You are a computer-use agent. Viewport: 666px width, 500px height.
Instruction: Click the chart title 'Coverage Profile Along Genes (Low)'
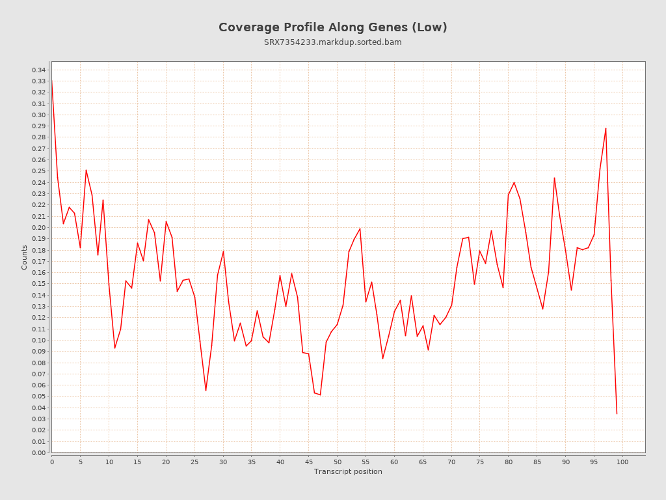click(x=332, y=27)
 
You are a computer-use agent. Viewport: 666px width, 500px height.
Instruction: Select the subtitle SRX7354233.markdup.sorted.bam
click(x=332, y=42)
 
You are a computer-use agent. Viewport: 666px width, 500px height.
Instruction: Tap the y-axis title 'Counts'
click(x=25, y=257)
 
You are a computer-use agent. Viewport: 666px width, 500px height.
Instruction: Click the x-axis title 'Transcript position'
click(x=348, y=471)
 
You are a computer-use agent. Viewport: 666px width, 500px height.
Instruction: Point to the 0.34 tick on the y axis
click(x=38, y=70)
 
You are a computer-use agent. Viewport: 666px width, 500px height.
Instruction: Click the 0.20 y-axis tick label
click(x=38, y=227)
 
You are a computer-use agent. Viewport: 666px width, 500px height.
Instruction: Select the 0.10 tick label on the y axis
click(x=38, y=340)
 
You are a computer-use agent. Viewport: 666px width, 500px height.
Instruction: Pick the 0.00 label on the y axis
click(x=38, y=452)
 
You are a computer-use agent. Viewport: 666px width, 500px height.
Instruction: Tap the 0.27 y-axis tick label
click(x=38, y=148)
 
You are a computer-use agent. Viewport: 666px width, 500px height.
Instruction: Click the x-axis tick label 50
click(x=337, y=462)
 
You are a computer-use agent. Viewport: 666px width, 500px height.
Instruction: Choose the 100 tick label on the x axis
click(x=622, y=462)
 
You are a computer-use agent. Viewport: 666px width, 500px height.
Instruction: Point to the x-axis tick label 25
click(x=194, y=462)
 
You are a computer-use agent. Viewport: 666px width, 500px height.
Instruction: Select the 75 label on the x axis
click(x=480, y=462)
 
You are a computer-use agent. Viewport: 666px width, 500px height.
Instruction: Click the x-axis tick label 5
click(x=80, y=462)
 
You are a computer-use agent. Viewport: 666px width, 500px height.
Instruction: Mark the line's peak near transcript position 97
click(x=606, y=128)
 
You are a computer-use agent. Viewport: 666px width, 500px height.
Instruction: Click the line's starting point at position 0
click(x=52, y=81)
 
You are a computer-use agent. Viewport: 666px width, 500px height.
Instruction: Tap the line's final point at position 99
click(x=617, y=413)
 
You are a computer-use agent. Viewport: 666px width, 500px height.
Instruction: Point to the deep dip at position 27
click(x=206, y=390)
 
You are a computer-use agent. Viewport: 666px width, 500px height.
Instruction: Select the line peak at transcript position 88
click(x=554, y=178)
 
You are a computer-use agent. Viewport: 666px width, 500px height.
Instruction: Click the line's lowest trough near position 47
click(x=320, y=395)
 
